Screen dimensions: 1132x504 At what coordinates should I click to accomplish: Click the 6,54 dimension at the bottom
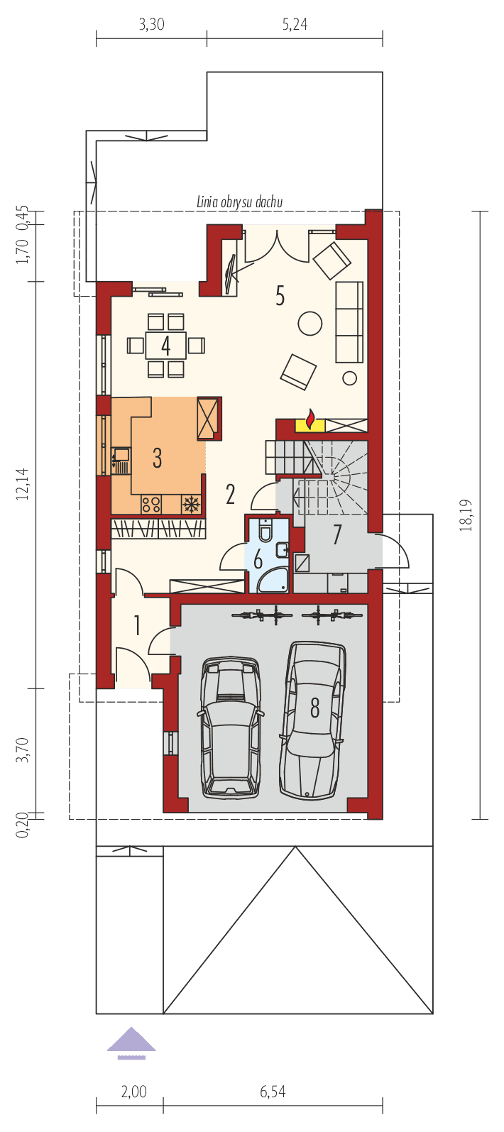(x=273, y=1092)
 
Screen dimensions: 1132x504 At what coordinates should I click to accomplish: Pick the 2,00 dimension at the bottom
(x=133, y=1092)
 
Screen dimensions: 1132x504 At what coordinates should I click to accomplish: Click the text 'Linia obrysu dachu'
(x=240, y=202)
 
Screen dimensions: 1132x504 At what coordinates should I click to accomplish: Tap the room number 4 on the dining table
(x=165, y=346)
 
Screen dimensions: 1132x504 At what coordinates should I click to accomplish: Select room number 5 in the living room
(x=280, y=296)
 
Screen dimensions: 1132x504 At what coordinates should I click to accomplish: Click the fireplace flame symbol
(x=310, y=421)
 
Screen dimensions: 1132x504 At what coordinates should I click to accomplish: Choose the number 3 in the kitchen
(x=157, y=458)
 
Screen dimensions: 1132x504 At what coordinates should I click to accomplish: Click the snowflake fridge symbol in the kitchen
(x=190, y=505)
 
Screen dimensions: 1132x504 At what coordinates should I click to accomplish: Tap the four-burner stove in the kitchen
(x=151, y=505)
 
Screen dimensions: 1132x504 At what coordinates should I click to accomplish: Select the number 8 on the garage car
(x=314, y=706)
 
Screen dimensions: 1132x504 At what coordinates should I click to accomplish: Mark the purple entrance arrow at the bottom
(x=131, y=1040)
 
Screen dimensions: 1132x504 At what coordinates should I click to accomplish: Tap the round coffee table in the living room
(x=309, y=323)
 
